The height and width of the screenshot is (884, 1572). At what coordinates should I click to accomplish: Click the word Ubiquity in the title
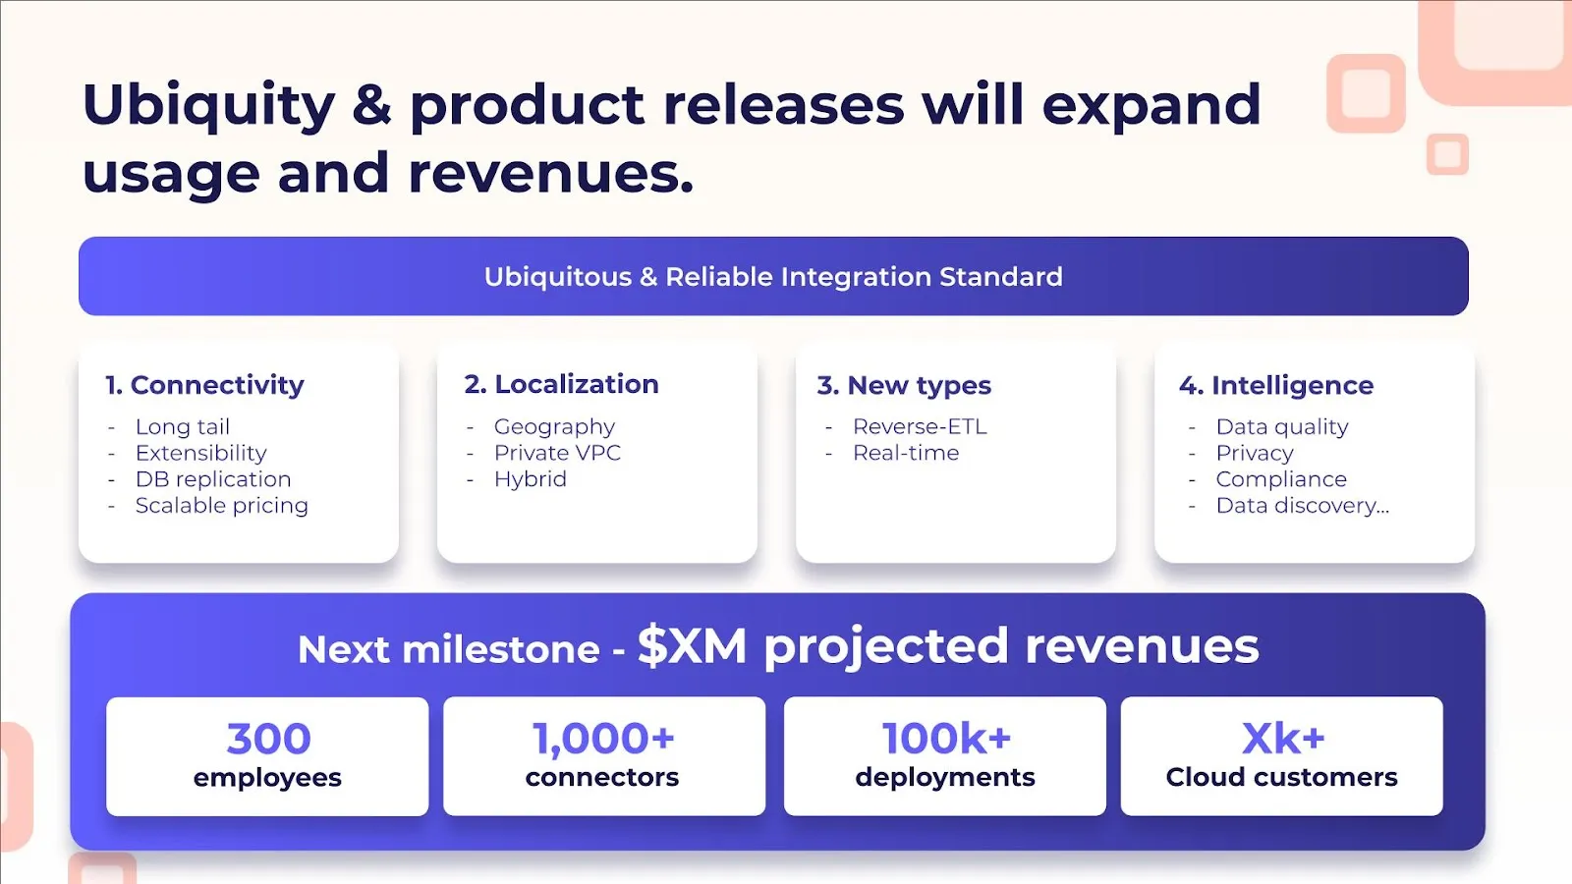(x=208, y=106)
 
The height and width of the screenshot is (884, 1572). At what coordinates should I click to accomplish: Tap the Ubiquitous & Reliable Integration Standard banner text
(x=773, y=276)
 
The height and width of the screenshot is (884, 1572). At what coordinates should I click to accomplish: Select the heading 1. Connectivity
(x=205, y=384)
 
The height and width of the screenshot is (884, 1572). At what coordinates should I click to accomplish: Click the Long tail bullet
(x=183, y=426)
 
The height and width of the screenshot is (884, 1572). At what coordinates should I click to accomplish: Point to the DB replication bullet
(x=213, y=479)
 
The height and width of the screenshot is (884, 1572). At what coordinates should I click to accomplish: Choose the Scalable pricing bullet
(x=222, y=505)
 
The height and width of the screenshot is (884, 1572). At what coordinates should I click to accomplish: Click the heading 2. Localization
(x=561, y=384)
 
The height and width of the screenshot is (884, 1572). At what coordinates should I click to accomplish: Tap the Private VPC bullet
(x=557, y=453)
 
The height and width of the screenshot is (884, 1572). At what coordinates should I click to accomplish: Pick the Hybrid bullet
(x=530, y=479)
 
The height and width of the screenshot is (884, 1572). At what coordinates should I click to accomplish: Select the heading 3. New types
(x=904, y=385)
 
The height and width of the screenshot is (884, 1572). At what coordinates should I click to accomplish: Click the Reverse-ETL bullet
(x=920, y=426)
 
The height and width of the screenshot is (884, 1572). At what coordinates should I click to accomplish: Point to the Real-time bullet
(x=905, y=453)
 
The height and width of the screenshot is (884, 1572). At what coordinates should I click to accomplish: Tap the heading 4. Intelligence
(x=1276, y=385)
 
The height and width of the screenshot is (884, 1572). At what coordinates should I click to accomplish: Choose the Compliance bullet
(x=1281, y=479)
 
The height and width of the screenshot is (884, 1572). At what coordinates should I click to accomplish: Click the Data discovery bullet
(x=1303, y=505)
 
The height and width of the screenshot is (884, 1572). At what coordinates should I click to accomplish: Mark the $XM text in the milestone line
(x=692, y=646)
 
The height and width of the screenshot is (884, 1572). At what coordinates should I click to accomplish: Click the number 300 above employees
(x=268, y=738)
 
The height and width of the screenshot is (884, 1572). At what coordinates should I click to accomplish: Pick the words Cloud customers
(x=1281, y=777)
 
